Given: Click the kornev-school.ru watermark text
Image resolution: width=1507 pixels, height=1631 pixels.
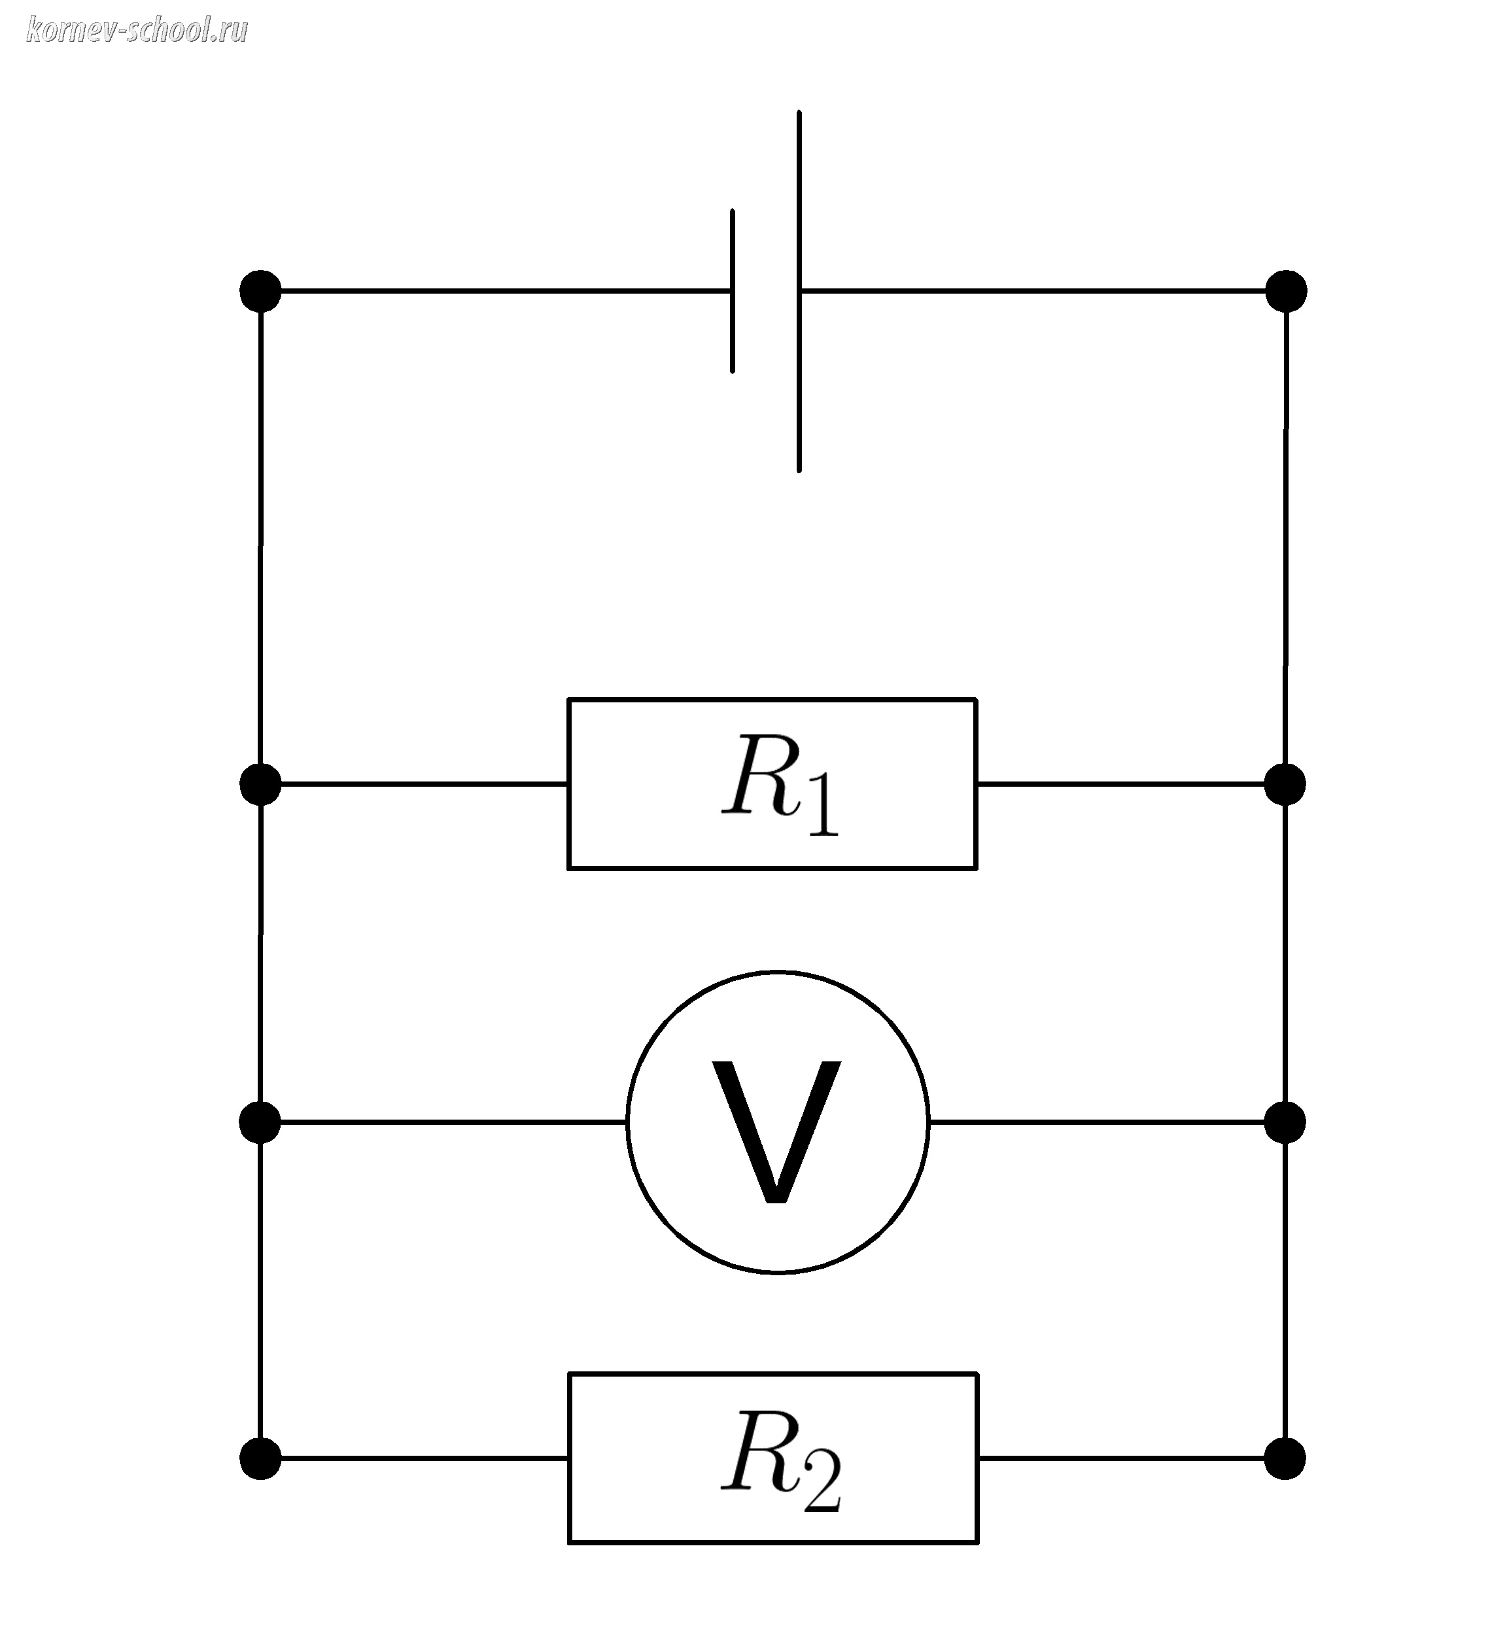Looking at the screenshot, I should tap(137, 31).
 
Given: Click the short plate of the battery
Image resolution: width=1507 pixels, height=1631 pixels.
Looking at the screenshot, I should tap(733, 291).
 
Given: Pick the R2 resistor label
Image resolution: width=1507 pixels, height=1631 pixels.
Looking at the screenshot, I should tap(780, 1460).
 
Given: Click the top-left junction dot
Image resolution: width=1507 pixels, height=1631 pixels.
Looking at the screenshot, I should tap(260, 291).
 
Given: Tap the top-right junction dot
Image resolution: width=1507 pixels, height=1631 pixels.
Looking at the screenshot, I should tap(1286, 291).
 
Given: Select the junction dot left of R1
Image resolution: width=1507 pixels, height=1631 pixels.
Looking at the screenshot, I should tap(260, 783).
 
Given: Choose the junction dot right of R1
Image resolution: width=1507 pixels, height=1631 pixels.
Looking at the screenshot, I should tap(1285, 783).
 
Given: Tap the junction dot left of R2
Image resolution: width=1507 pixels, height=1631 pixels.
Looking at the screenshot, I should tap(260, 1458).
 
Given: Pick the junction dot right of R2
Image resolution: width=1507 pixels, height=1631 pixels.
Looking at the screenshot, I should tap(1285, 1458).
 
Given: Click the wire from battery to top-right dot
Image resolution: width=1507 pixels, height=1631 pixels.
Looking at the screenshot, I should tap(1035, 290).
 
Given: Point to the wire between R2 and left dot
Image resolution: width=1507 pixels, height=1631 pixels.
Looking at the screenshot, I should tap(416, 1458).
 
